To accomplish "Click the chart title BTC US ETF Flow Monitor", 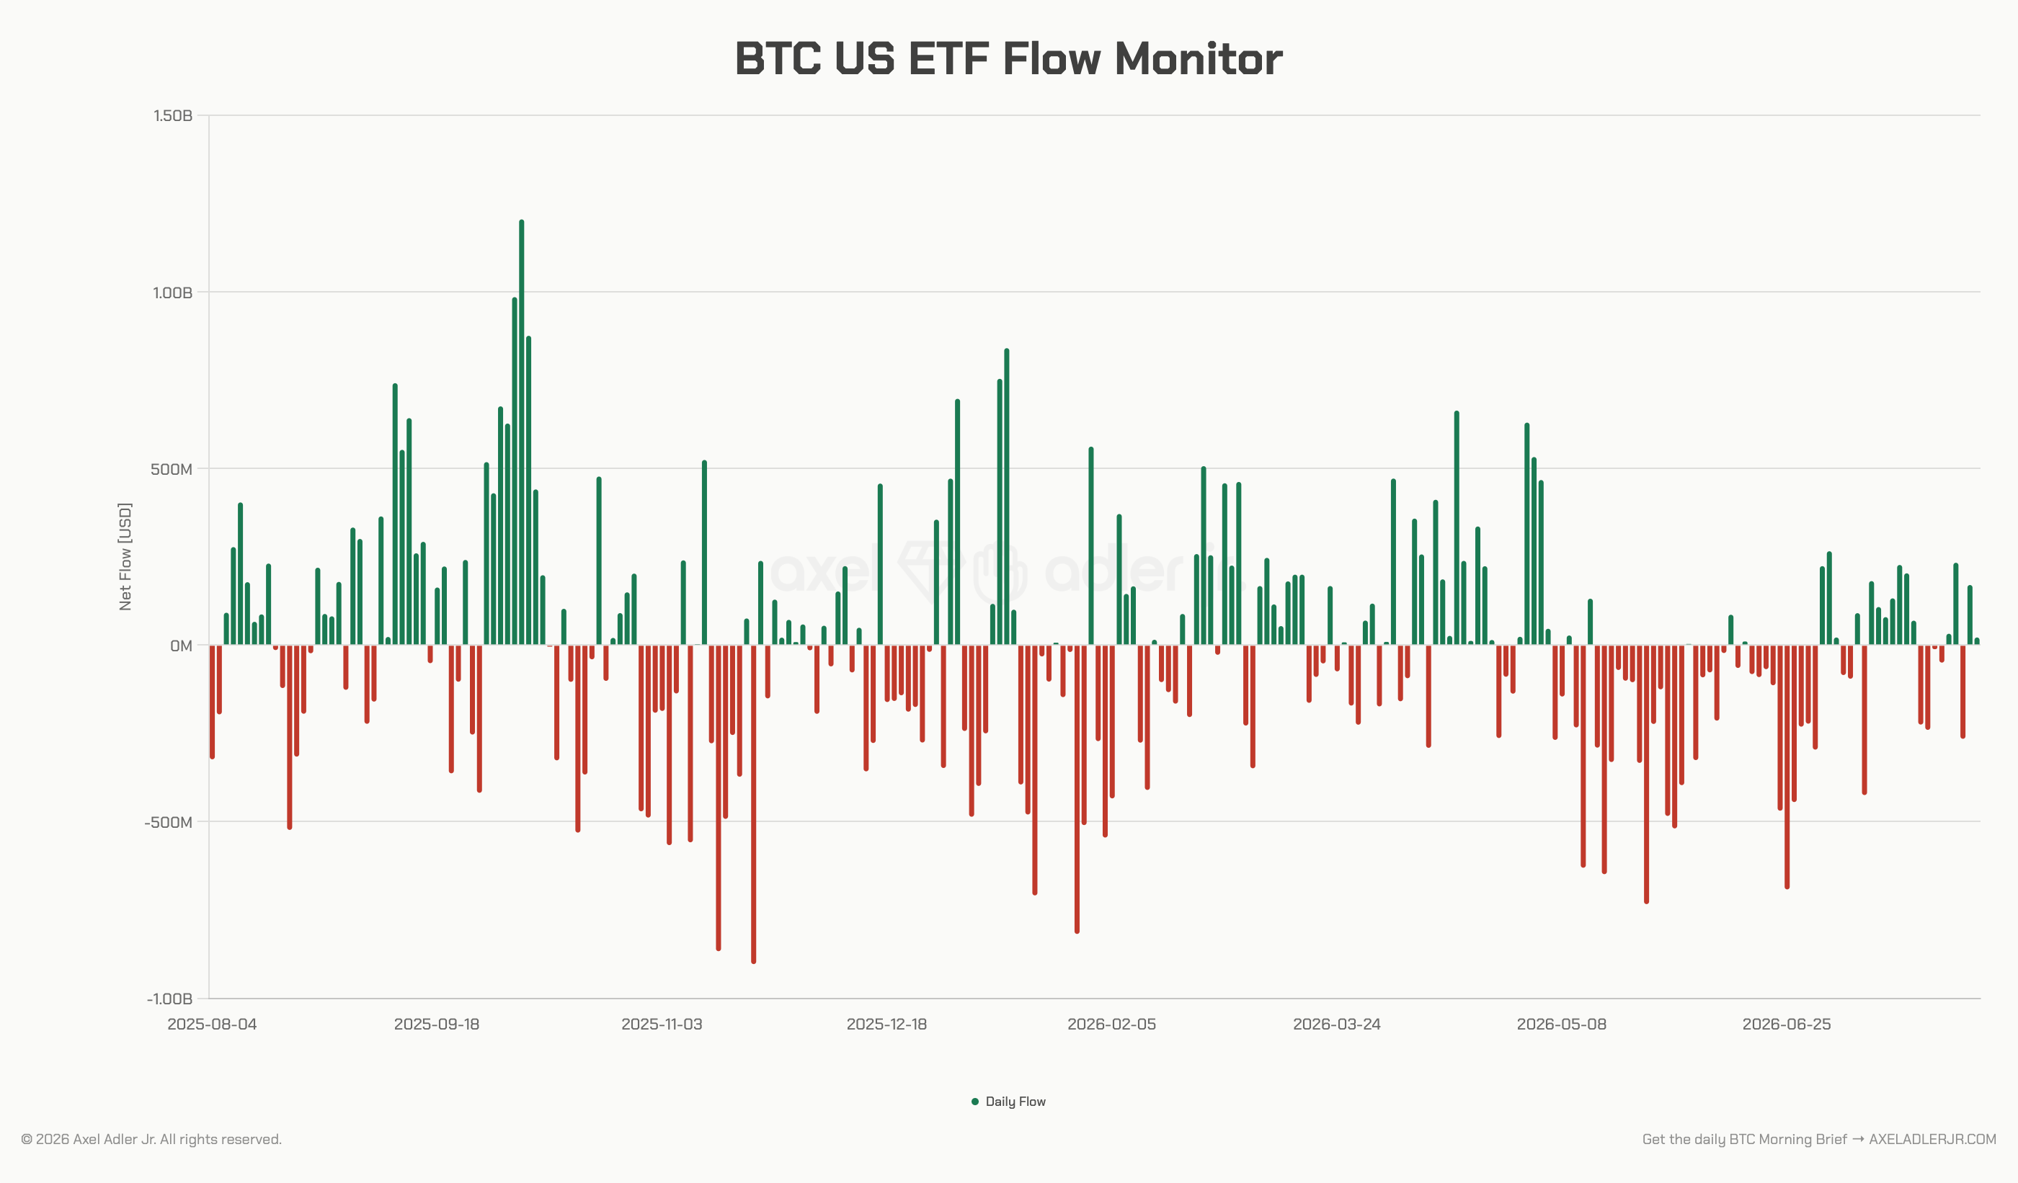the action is [x=1008, y=59].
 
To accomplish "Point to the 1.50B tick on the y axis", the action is [x=173, y=116].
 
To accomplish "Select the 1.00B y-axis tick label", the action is [x=173, y=293].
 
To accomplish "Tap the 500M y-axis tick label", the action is [x=172, y=469].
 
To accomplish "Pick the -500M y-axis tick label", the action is [x=168, y=822].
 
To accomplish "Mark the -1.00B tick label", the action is [x=170, y=999].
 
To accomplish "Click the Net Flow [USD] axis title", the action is [x=125, y=556].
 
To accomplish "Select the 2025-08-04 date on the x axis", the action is [x=212, y=1024].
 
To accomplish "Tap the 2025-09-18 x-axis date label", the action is [x=437, y=1024].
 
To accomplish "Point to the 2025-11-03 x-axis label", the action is [x=662, y=1024].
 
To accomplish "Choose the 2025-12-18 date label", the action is [x=886, y=1024].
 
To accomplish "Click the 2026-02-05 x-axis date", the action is [x=1111, y=1024].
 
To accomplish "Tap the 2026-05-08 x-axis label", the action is [x=1562, y=1024].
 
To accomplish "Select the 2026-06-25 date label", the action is [x=1787, y=1024].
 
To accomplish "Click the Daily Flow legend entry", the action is [x=1008, y=1102].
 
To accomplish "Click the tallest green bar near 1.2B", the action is [x=521, y=432].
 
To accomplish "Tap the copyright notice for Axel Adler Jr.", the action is [x=151, y=1139].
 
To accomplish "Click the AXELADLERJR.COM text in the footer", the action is [x=1932, y=1139].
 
